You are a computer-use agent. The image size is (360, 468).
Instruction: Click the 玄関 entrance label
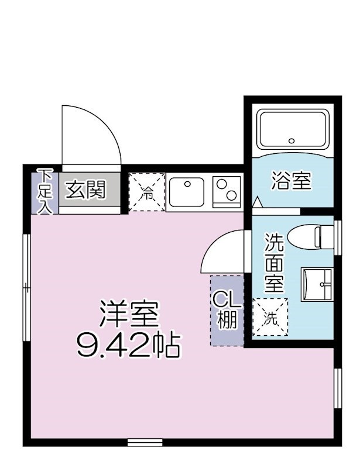tap(85, 190)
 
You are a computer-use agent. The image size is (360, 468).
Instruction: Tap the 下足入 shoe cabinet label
tap(45, 191)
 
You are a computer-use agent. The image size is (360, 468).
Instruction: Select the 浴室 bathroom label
tap(290, 181)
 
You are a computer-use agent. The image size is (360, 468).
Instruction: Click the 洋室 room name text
tap(129, 316)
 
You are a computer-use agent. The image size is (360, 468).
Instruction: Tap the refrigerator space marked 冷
tap(146, 191)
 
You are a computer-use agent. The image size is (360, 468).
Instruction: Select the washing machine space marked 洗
tap(270, 318)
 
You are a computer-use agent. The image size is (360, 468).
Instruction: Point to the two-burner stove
tap(227, 191)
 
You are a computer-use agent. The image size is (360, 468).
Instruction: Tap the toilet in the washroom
tap(323, 236)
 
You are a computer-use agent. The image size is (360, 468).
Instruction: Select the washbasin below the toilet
tap(317, 284)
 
